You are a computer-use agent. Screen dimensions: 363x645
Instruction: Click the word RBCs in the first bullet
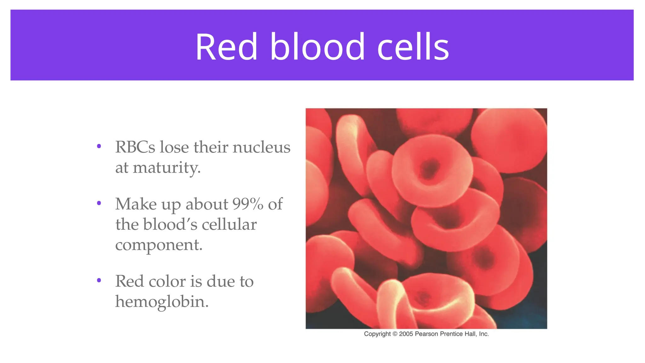(135, 147)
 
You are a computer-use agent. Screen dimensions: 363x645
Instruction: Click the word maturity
(167, 167)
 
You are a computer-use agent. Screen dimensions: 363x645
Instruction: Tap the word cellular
(229, 224)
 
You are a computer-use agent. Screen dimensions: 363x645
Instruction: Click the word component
(159, 245)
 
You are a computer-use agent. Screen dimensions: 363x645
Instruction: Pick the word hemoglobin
(162, 302)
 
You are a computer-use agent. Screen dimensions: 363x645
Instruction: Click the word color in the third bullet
(167, 281)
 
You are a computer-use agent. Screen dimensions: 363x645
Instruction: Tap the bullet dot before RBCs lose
(99, 146)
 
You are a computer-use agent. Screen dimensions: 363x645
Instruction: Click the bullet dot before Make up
(99, 203)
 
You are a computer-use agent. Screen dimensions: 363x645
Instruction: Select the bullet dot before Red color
(99, 280)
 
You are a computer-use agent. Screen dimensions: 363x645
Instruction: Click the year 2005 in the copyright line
(406, 334)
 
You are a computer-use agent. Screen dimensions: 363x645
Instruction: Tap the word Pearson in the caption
(426, 334)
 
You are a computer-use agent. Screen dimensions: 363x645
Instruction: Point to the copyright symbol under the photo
(395, 334)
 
